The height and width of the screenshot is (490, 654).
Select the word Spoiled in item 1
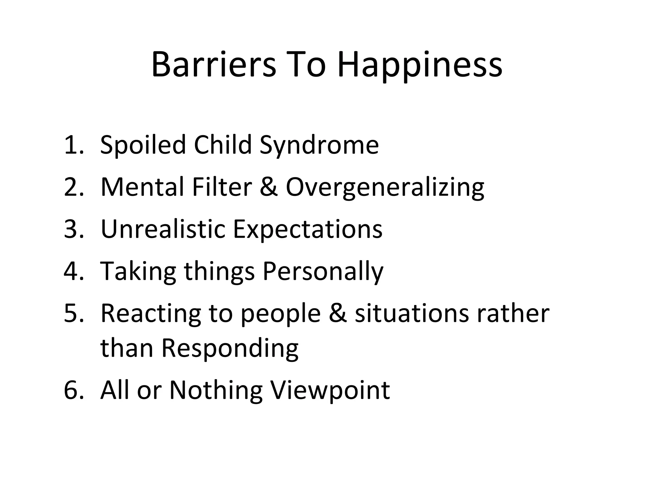coord(143,145)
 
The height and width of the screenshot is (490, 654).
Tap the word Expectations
coord(308,230)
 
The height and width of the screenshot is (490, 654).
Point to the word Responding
coord(230,349)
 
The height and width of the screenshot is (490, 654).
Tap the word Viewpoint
coord(330,391)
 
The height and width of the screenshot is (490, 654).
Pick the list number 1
coord(71,145)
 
